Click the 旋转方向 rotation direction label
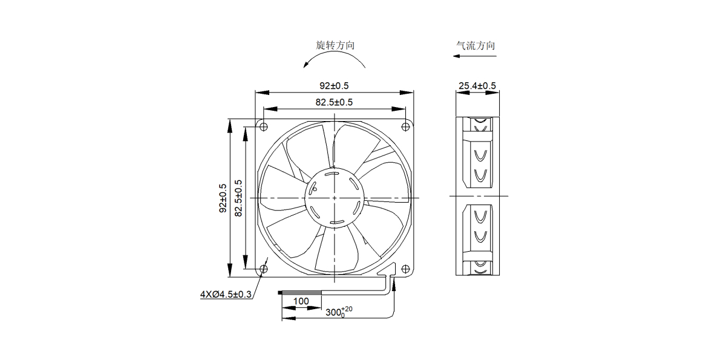click(335, 45)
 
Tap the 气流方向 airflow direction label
click(476, 45)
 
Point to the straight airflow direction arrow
click(474, 56)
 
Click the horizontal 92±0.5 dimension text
click(334, 86)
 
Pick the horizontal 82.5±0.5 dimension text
click(334, 102)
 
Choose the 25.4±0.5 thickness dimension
click(477, 86)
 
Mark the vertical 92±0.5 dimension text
click(223, 198)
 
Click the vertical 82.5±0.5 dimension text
click(238, 198)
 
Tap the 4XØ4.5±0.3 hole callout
click(226, 295)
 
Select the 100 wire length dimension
click(301, 301)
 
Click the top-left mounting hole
click(264, 126)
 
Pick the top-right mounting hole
click(405, 126)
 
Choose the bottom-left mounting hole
click(264, 269)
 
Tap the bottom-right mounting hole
click(405, 269)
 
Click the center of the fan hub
click(335, 198)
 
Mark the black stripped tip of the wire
click(280, 293)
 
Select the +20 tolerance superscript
click(347, 309)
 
